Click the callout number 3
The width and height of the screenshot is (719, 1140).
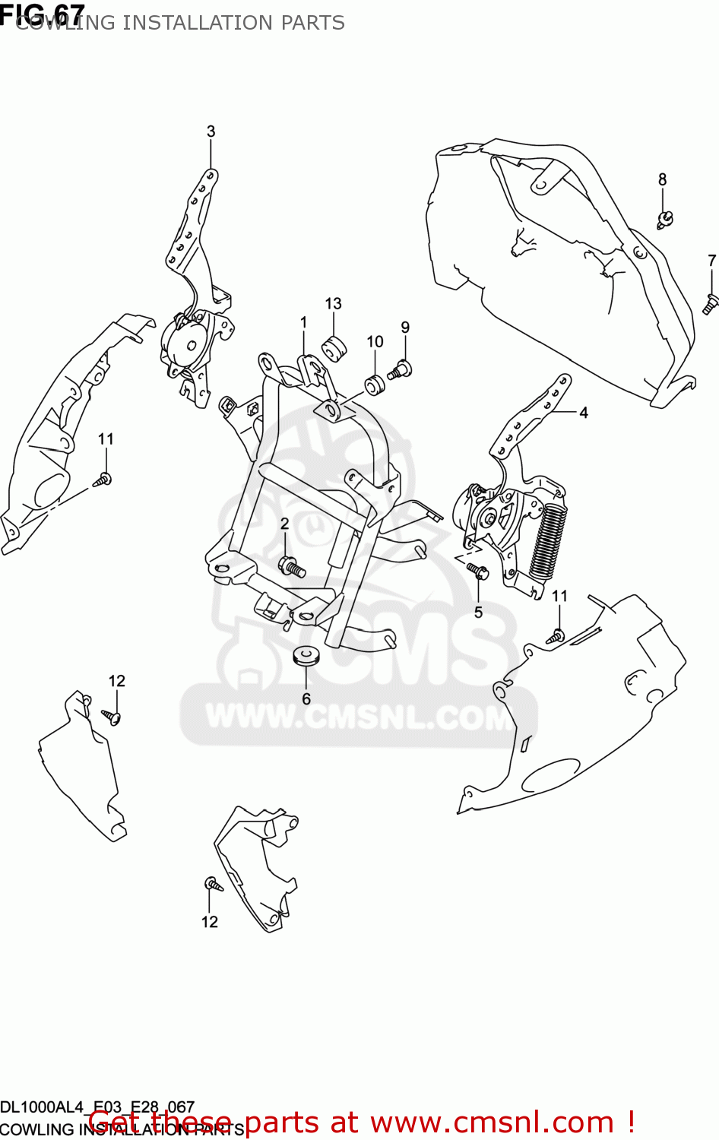(211, 131)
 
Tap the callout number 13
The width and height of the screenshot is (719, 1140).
(333, 304)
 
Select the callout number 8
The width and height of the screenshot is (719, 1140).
(662, 179)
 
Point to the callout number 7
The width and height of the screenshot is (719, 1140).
(711, 261)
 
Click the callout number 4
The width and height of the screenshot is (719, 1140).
(584, 413)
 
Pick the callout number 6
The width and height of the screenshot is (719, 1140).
(306, 698)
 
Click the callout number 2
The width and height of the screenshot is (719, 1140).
(284, 524)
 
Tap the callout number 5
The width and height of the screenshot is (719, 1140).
(478, 613)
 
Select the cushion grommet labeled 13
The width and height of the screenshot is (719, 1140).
(334, 348)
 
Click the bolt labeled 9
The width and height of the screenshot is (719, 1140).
(400, 371)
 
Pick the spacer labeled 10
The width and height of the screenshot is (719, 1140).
(375, 385)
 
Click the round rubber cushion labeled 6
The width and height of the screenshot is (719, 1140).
(306, 655)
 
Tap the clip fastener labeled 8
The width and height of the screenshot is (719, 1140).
(665, 220)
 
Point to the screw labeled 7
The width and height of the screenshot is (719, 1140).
(710, 304)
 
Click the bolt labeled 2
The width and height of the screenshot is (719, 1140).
(292, 566)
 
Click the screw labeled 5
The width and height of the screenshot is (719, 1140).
(477, 570)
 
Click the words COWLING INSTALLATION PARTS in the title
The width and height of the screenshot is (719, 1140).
(180, 23)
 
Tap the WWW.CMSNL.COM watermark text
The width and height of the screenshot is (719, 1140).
(359, 717)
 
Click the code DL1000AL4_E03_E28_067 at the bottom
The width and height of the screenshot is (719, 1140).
(97, 1107)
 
